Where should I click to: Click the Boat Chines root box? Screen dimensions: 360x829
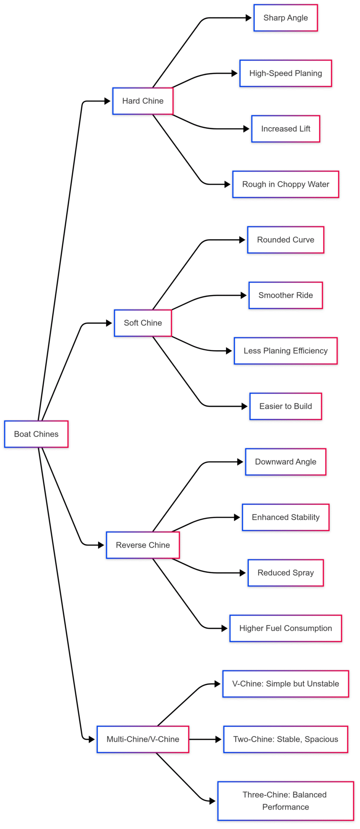36,434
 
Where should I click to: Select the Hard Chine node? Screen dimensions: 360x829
143,101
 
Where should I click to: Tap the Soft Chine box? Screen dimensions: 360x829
143,323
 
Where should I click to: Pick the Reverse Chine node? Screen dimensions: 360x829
143,545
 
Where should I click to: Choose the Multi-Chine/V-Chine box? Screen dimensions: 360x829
143,739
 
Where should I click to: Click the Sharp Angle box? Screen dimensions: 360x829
285,18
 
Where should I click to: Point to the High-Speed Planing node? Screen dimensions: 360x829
285,73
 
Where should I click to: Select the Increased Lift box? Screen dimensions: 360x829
285,129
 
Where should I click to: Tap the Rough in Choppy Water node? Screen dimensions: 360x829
285,184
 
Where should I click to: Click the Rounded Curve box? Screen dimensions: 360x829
285,240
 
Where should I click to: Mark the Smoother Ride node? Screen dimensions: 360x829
285,295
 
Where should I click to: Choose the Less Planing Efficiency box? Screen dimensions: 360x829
285,351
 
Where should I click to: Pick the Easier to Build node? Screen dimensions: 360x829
285,406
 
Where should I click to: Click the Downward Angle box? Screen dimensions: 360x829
285,461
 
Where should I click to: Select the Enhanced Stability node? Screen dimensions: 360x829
285,517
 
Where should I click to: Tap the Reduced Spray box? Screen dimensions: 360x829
285,573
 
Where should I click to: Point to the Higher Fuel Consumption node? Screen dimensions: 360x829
285,628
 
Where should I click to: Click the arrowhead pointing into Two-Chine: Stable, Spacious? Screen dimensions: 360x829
219,739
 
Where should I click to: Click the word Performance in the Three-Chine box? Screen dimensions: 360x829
285,807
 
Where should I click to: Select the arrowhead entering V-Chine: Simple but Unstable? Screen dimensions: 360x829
217,684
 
